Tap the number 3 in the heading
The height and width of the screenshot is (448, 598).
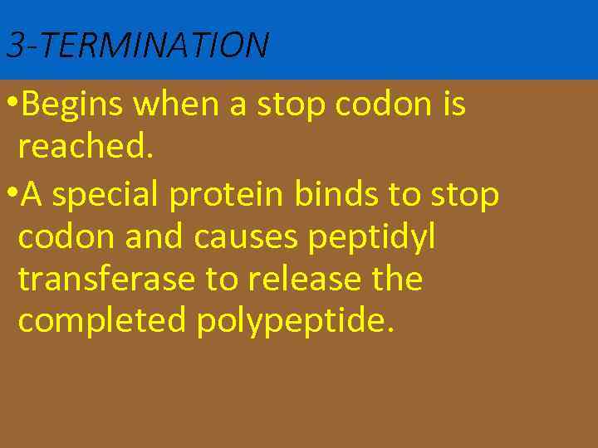click(14, 45)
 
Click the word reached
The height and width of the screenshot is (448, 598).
click(86, 146)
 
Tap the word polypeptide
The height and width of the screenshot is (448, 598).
click(291, 322)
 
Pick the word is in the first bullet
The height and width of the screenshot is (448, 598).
click(453, 105)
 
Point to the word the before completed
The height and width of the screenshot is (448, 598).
click(396, 279)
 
